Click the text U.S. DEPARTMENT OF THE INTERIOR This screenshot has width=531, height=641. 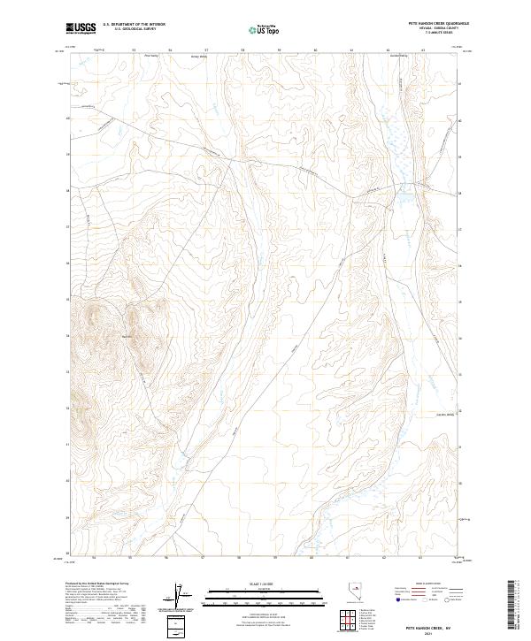[x=134, y=25]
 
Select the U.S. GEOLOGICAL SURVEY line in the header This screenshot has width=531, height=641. [x=134, y=29]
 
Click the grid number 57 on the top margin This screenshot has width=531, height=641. [x=206, y=50]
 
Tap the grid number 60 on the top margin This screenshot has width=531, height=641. [x=315, y=50]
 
